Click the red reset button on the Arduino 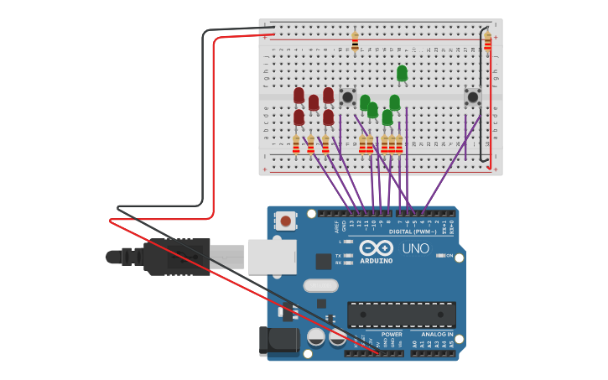coord(286,221)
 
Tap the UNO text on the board coord(415,249)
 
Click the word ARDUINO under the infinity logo coord(376,260)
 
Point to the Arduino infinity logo coord(376,247)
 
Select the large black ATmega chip coord(401,315)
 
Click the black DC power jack coord(280,341)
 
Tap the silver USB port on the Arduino coord(272,256)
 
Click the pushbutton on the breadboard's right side coord(472,96)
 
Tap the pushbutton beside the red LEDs coord(347,96)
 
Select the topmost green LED coord(402,74)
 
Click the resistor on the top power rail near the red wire coord(487,41)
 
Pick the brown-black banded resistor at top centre coord(355,41)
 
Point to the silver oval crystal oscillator coord(320,285)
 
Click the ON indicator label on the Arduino coord(450,255)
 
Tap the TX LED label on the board coord(338,255)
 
